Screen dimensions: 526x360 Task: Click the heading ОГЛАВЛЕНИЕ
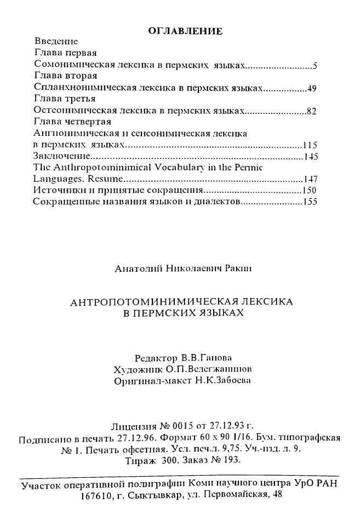pos(185,31)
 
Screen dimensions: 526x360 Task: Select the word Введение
pos(56,42)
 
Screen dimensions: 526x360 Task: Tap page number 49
pos(312,88)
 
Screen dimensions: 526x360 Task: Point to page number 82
pos(312,111)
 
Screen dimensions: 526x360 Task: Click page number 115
pos(310,145)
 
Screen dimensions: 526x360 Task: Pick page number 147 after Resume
pos(310,180)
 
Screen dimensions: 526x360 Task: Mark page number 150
pos(309,191)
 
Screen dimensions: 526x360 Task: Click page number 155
pos(310,202)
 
